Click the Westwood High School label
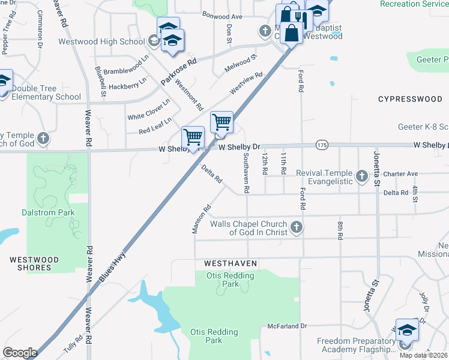(x=101, y=41)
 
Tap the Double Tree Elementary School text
(x=46, y=92)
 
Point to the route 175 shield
(x=322, y=145)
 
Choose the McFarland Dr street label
(x=287, y=326)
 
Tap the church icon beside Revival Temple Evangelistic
(x=361, y=176)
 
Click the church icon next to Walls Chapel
(x=296, y=227)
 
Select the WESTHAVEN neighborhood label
(x=231, y=263)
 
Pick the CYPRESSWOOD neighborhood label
(x=410, y=99)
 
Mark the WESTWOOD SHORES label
(x=34, y=263)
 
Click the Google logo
(x=20, y=353)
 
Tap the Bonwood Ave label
(x=221, y=16)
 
